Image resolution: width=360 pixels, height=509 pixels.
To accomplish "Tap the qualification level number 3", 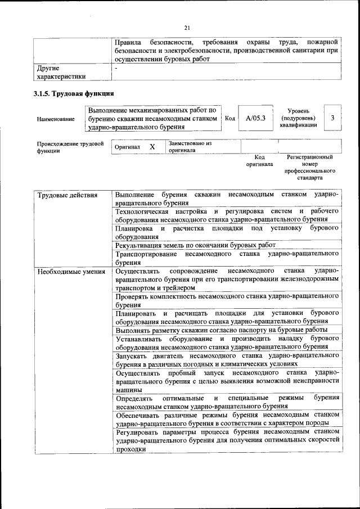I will point(332,118).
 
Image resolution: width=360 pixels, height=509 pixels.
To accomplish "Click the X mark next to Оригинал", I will point(152,147).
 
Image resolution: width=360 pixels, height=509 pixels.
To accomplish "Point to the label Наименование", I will point(55,119).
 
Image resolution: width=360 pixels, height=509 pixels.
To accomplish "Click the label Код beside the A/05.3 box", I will point(229,118).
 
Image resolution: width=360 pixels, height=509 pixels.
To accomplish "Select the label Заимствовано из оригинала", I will point(189,147).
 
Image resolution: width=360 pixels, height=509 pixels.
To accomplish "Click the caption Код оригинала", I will point(259,161).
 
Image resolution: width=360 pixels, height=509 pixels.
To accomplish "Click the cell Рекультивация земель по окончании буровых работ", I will point(195,245).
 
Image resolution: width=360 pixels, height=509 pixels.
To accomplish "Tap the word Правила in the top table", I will point(128,42).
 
